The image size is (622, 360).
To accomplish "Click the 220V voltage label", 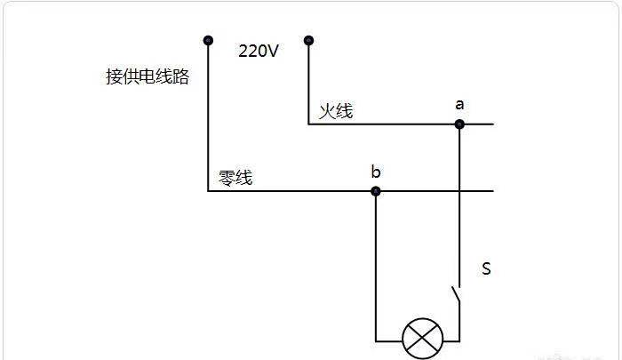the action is [x=259, y=51].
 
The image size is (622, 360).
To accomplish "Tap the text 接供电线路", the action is [x=148, y=76].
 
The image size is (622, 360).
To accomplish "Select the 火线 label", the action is [x=336, y=111].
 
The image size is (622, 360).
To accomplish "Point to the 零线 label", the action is [x=235, y=178].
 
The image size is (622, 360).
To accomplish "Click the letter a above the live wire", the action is [x=459, y=105].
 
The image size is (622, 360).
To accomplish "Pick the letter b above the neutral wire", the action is [x=376, y=172].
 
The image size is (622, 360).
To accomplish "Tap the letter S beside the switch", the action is [x=486, y=268].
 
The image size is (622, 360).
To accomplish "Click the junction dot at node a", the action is [x=459, y=124].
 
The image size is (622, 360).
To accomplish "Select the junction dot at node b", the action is [x=376, y=191].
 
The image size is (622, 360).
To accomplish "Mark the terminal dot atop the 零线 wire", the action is [x=208, y=41].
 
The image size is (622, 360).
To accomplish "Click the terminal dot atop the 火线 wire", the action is [x=308, y=41].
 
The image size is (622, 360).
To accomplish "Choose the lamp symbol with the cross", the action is [x=422, y=339].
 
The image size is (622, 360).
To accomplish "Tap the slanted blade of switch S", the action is [x=455, y=295].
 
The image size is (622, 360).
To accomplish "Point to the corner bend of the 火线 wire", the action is [x=308, y=124].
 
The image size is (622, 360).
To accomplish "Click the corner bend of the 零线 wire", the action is [x=208, y=191].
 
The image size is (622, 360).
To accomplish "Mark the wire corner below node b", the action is [x=376, y=341].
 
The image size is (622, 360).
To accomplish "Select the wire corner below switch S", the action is [x=459, y=341].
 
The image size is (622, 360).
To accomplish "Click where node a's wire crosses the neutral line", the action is [x=459, y=191].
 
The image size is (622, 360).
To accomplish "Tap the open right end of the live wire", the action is [x=493, y=124].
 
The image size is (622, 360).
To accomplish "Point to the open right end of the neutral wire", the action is [x=493, y=191].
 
